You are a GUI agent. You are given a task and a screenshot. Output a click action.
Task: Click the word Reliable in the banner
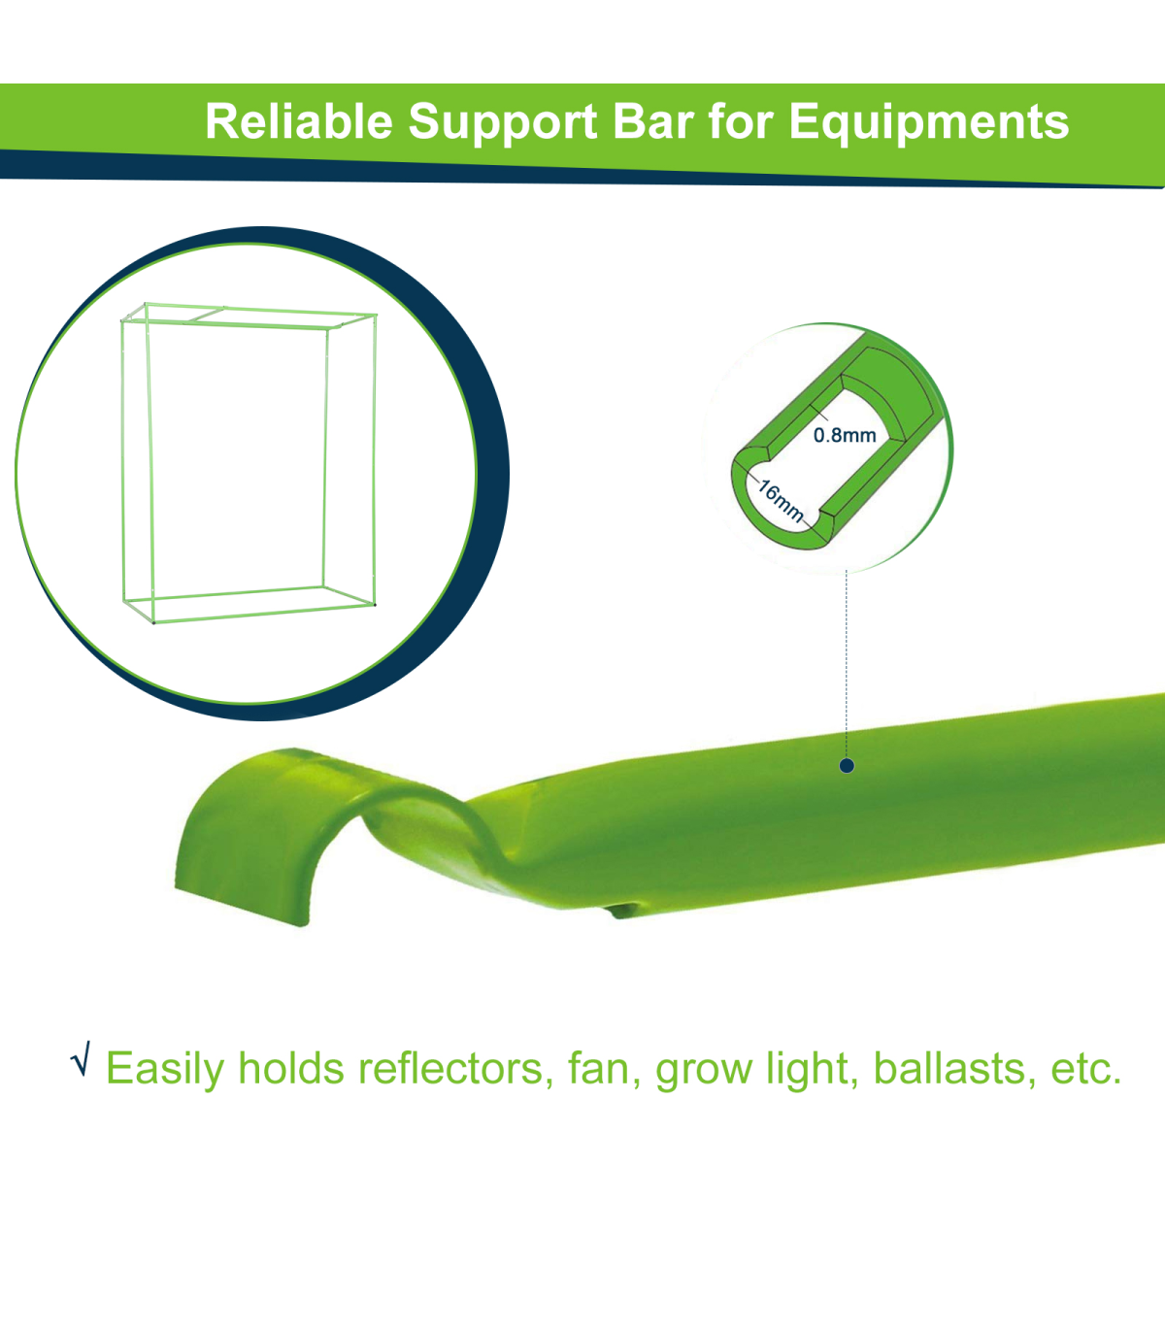click(x=299, y=121)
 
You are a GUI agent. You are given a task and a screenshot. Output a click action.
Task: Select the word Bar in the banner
click(x=653, y=121)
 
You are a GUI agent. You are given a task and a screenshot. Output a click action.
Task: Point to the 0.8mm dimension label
click(x=845, y=435)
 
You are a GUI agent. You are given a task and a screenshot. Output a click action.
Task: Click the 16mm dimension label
click(x=781, y=501)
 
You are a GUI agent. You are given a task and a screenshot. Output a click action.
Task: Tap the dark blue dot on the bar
click(x=847, y=766)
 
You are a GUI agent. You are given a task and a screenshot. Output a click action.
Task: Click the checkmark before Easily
click(x=80, y=1058)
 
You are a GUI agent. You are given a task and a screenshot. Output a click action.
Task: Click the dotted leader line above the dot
click(x=847, y=664)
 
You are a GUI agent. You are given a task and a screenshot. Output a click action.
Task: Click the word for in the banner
click(x=742, y=121)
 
